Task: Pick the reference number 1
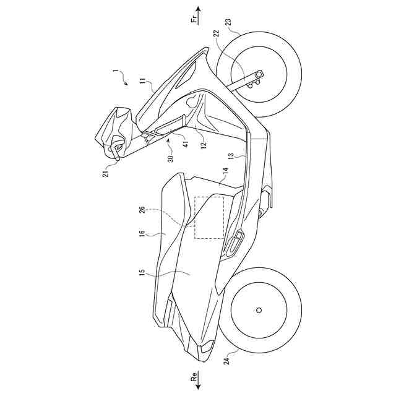(114, 72)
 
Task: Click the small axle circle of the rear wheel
(259, 309)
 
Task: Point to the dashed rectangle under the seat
(209, 217)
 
